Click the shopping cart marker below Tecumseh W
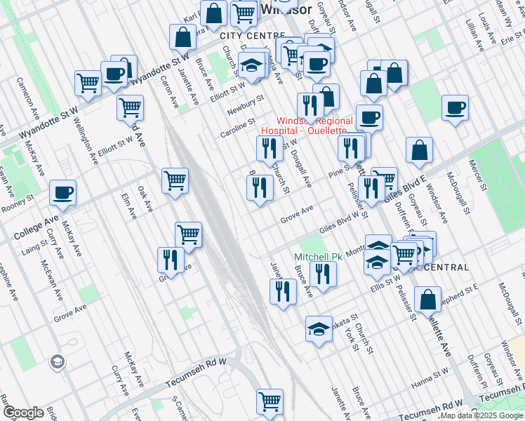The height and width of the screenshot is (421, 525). [270, 402]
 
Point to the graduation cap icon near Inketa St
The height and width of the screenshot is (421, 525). [319, 329]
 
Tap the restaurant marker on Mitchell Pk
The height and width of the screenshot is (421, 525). [323, 273]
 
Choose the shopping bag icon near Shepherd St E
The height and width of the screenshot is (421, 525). [427, 300]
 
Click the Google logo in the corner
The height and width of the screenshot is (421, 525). [23, 413]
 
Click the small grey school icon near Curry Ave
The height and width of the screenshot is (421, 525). [58, 362]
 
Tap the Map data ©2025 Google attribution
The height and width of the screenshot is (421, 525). [481, 416]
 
